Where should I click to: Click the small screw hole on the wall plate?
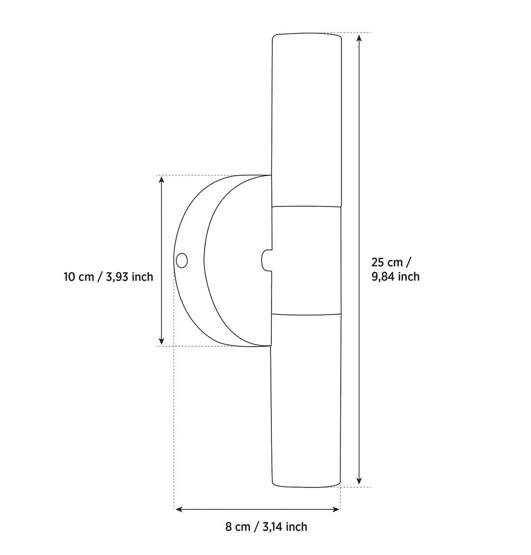click(x=181, y=260)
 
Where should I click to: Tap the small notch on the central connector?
click(x=266, y=260)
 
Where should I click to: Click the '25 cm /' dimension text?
click(x=391, y=262)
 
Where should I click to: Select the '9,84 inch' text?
click(x=395, y=276)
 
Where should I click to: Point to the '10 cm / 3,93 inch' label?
click(x=109, y=277)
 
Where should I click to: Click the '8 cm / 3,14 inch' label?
click(x=266, y=527)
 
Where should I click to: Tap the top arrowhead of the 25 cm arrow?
click(x=360, y=38)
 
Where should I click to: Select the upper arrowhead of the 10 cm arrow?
click(x=161, y=180)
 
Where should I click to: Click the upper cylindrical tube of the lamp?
click(x=307, y=118)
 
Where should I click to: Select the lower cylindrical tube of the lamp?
click(x=306, y=401)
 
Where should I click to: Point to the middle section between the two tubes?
click(x=307, y=260)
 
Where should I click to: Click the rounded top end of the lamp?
click(x=307, y=35)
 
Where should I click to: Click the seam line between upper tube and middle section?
click(x=307, y=206)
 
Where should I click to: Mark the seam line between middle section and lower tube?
click(x=306, y=314)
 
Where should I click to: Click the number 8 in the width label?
click(x=228, y=527)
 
